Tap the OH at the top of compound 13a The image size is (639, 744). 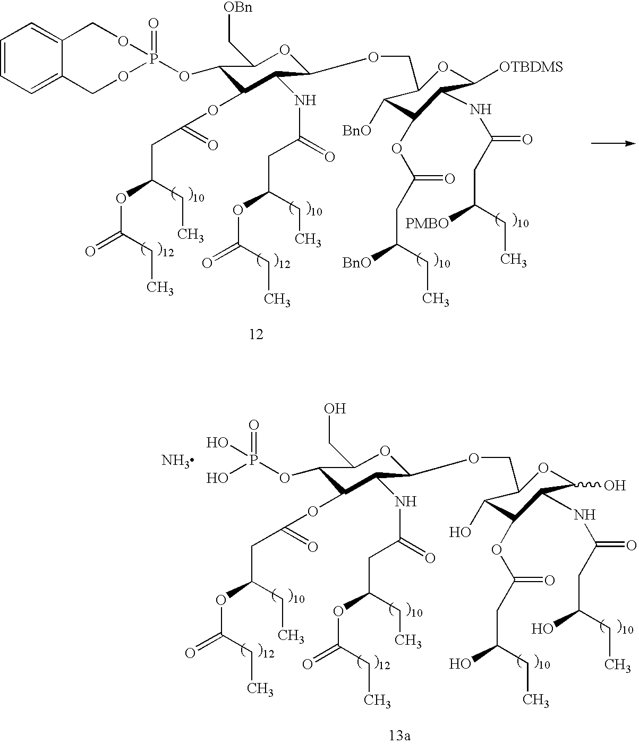coord(336,409)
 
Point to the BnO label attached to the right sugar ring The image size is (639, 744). coord(354,131)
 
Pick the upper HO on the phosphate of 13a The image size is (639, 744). coord(217,444)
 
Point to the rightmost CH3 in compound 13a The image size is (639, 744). coord(618,664)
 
